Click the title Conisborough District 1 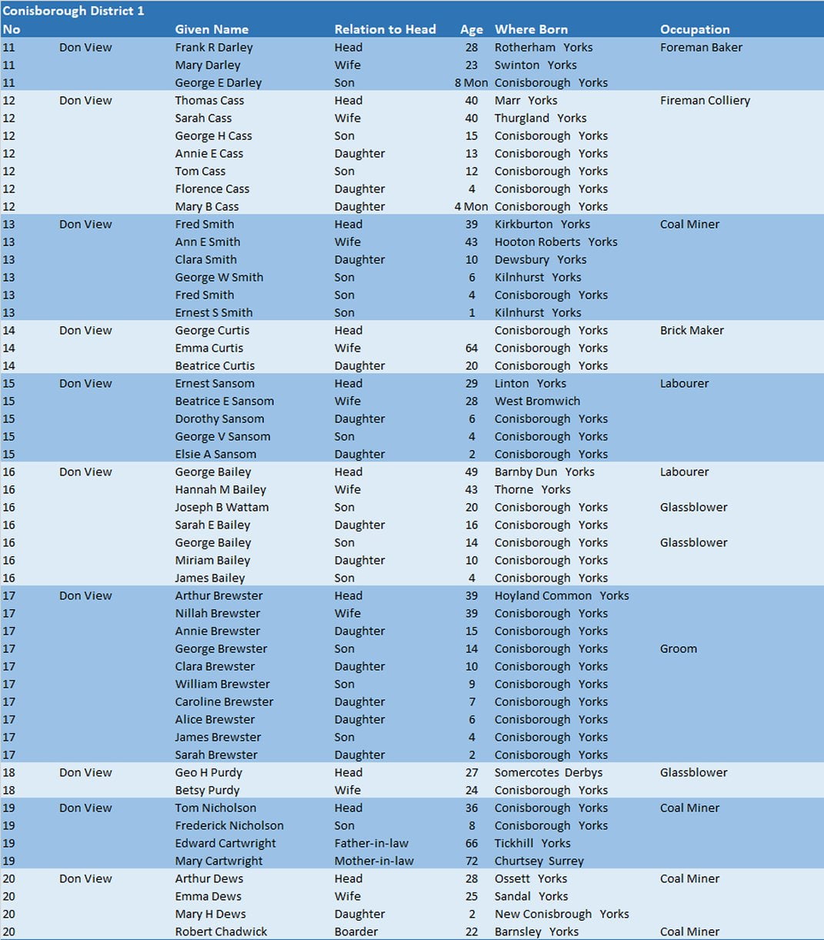point(73,11)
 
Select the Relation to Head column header point(385,29)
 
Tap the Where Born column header point(531,29)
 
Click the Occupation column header point(695,29)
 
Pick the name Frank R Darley point(214,47)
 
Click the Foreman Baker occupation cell point(701,47)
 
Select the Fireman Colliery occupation point(705,100)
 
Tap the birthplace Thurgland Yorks point(540,118)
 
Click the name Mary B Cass point(207,206)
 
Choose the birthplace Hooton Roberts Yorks point(555,242)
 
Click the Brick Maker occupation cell point(692,330)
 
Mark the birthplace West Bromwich point(537,401)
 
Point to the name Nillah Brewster point(218,613)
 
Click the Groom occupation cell point(678,648)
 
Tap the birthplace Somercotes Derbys point(549,772)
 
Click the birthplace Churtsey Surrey point(539,861)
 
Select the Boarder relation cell point(356,932)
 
